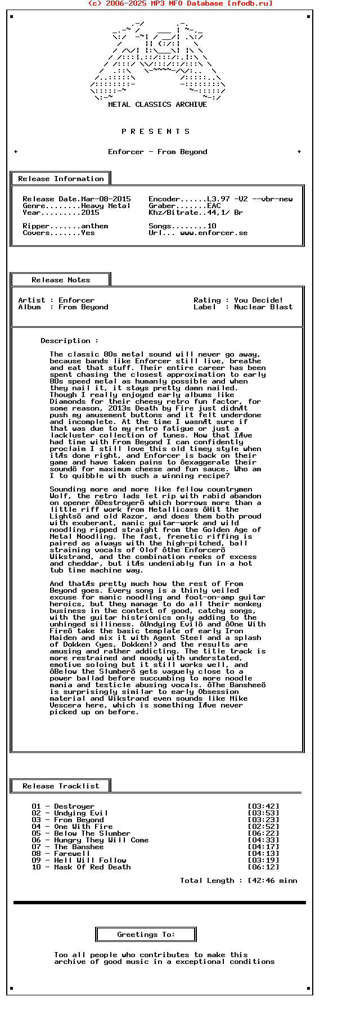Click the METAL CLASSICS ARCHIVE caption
point(157,105)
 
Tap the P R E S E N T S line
point(156,132)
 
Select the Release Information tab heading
point(61,179)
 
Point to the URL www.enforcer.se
point(214,233)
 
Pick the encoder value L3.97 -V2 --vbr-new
point(250,199)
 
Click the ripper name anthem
point(94,226)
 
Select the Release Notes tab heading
point(61,280)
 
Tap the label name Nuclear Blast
point(263,307)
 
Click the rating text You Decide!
point(259,300)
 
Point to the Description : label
point(69,341)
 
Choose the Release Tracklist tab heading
point(61,786)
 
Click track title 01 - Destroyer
point(63,806)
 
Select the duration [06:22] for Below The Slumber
point(263,833)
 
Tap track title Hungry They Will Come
point(101,840)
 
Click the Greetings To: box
point(146,935)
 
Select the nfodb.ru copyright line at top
point(180,3)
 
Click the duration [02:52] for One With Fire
point(263,827)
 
